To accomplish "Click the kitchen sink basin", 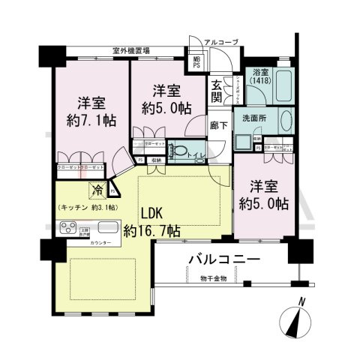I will point(104,227).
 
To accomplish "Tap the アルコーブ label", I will point(224,41).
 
